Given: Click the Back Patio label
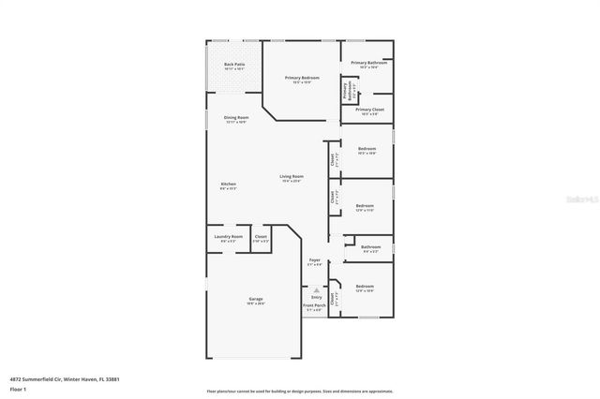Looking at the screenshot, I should pos(233,65).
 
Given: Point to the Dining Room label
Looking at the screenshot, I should pos(235,118).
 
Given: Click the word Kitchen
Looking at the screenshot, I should pos(229,184).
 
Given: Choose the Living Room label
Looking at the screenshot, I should pos(292,176).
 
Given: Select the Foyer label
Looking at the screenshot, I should pos(315,260).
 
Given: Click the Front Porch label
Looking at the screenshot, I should pos(314,305).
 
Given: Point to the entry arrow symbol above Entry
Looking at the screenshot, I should pos(316,290).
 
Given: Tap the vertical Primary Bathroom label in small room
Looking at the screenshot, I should pos(345,91).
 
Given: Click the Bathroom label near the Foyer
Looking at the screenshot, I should pos(370,247).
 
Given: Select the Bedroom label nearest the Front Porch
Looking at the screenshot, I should pos(365,287).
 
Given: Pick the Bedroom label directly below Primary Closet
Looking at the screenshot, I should pos(367,149).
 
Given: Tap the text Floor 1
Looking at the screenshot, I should pos(18,388).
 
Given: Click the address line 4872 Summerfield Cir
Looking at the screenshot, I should pos(65,379).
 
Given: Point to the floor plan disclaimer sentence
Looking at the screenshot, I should pos(299,391).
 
